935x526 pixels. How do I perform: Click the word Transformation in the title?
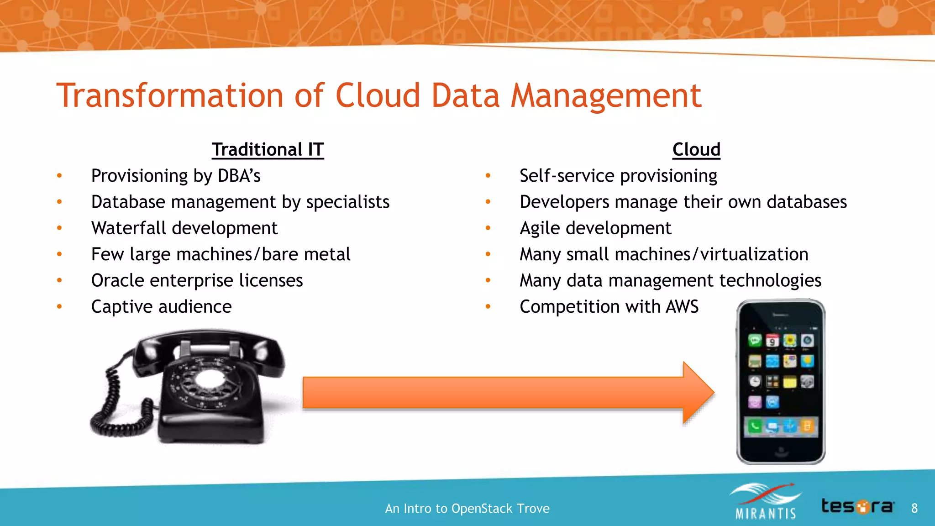pyautogui.click(x=170, y=96)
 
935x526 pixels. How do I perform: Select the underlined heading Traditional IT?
pyautogui.click(x=268, y=150)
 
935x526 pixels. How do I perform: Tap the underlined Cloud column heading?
pyautogui.click(x=696, y=150)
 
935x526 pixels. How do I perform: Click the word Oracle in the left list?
pyautogui.click(x=117, y=280)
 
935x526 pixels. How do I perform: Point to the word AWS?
pyautogui.click(x=682, y=306)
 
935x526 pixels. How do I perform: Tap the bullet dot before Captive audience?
pyautogui.click(x=59, y=307)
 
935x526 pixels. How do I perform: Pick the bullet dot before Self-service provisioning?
pyautogui.click(x=488, y=176)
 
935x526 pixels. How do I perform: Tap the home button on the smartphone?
pyautogui.click(x=780, y=451)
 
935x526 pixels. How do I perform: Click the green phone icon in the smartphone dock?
pyautogui.click(x=755, y=426)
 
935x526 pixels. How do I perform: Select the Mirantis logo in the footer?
pyautogui.click(x=766, y=502)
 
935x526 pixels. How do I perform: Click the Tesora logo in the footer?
pyautogui.click(x=857, y=506)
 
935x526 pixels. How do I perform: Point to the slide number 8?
pyautogui.click(x=914, y=508)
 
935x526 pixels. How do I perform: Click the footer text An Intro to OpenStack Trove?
pyautogui.click(x=467, y=509)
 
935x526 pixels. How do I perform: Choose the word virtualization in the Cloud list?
pyautogui.click(x=754, y=254)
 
